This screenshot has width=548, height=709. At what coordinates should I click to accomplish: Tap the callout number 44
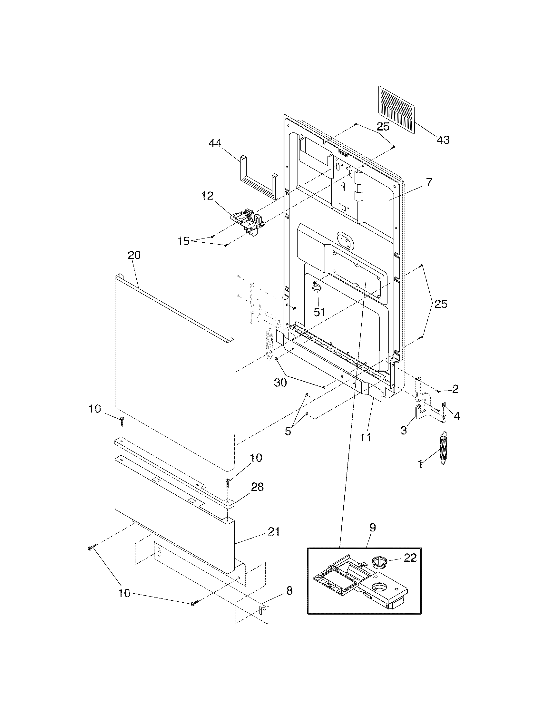215,143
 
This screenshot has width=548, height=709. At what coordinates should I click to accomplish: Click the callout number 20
134,255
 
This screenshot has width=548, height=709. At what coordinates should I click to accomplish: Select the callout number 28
257,496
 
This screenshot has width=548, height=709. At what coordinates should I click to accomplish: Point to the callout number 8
289,591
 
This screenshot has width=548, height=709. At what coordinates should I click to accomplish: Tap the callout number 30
280,383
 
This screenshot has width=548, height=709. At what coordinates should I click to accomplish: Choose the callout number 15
183,241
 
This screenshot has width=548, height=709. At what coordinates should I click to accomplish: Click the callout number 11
365,438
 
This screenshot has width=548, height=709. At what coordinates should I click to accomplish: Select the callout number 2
455,389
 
